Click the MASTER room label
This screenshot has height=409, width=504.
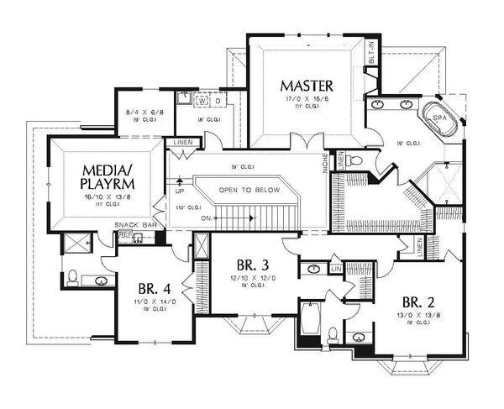coord(307,85)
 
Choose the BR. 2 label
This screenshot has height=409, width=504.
coord(417,302)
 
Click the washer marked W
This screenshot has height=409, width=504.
coord(202,102)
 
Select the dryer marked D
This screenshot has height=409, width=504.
coord(219,102)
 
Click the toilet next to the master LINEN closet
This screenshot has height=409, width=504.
coord(356,160)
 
